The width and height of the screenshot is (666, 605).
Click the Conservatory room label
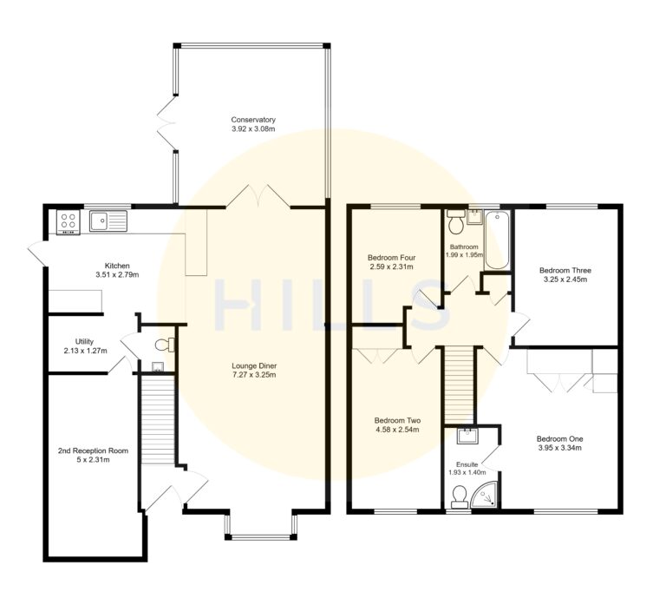[x=253, y=119]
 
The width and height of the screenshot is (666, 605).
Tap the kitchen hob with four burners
[x=67, y=222]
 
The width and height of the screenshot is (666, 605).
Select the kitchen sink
[x=108, y=220]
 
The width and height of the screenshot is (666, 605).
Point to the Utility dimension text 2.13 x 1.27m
[x=84, y=351]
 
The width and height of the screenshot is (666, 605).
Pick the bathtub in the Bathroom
[x=495, y=240]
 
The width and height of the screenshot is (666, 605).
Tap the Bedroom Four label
[x=390, y=258]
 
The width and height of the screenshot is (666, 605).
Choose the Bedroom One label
[x=559, y=438]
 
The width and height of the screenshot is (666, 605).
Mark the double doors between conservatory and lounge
[x=258, y=196]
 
